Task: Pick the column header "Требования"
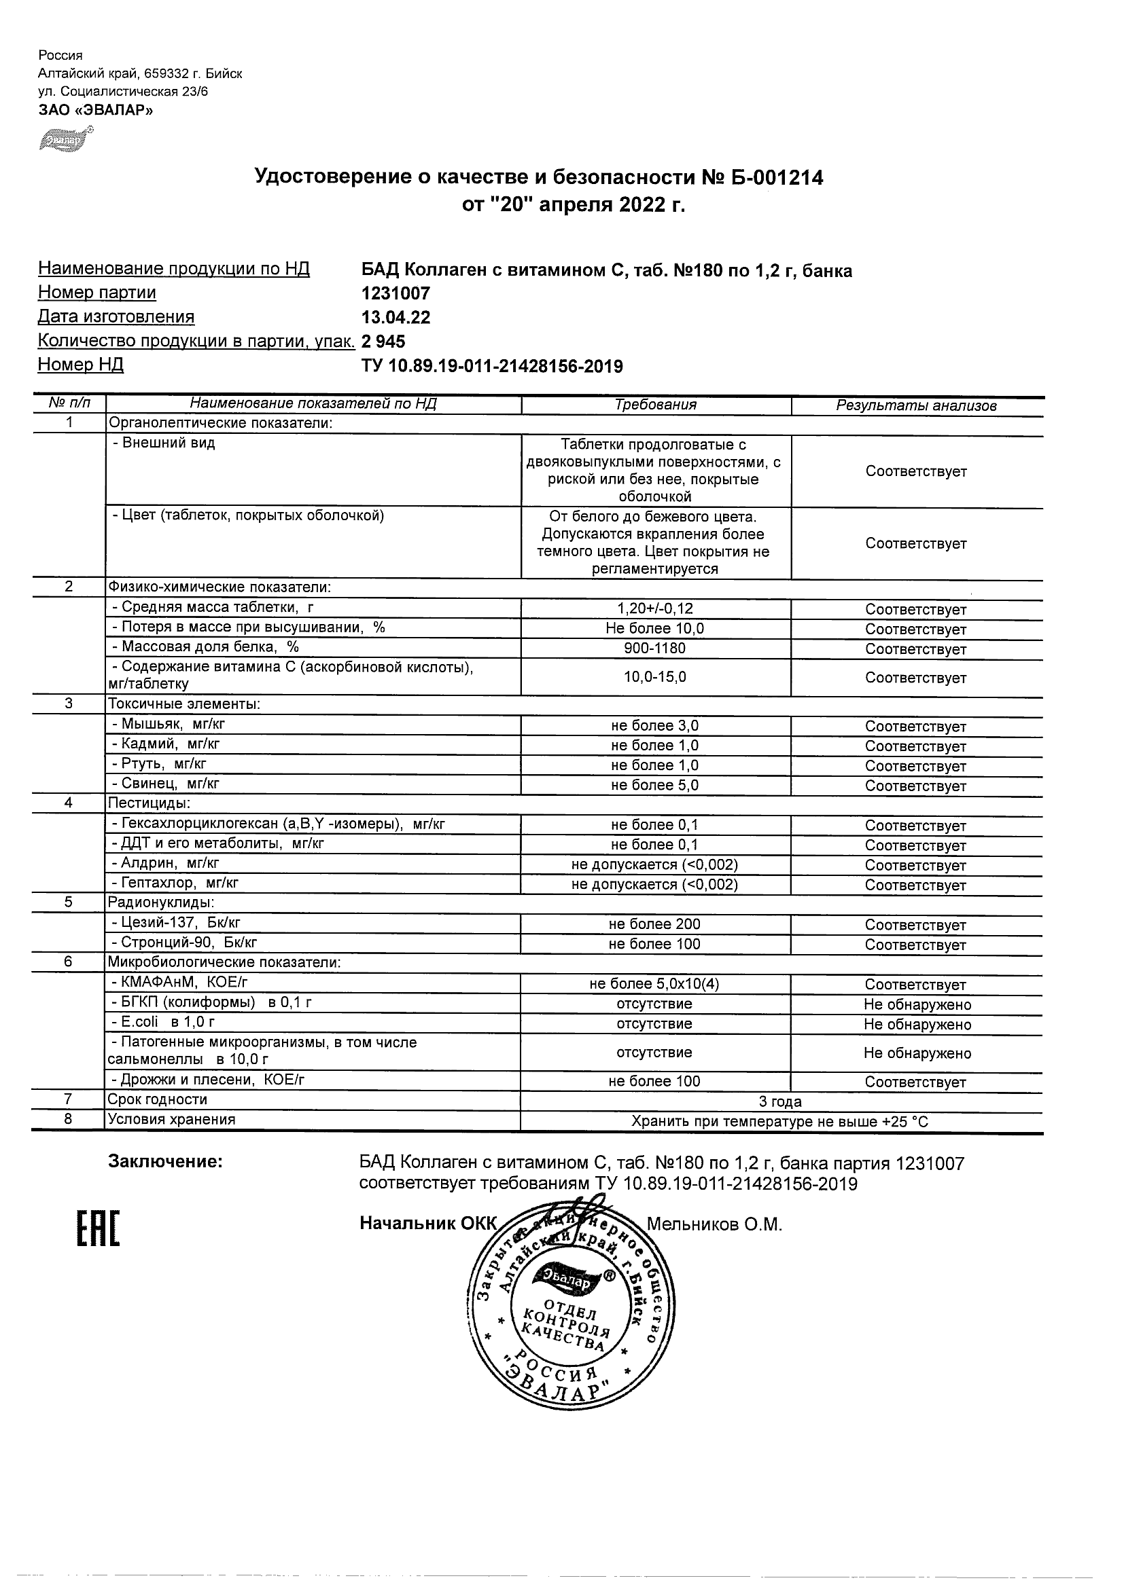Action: click(655, 405)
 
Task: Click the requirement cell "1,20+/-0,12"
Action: click(655, 609)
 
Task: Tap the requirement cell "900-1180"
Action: click(655, 649)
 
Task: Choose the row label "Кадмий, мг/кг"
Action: click(166, 744)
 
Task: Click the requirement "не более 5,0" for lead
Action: click(655, 786)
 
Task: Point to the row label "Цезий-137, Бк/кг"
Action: click(177, 923)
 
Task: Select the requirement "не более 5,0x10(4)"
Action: click(655, 984)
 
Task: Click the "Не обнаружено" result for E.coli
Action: click(917, 1024)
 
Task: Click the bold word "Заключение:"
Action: click(166, 1162)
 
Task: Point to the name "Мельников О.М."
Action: click(714, 1225)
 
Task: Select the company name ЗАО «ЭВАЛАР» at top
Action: click(96, 109)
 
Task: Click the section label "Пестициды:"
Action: click(149, 803)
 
